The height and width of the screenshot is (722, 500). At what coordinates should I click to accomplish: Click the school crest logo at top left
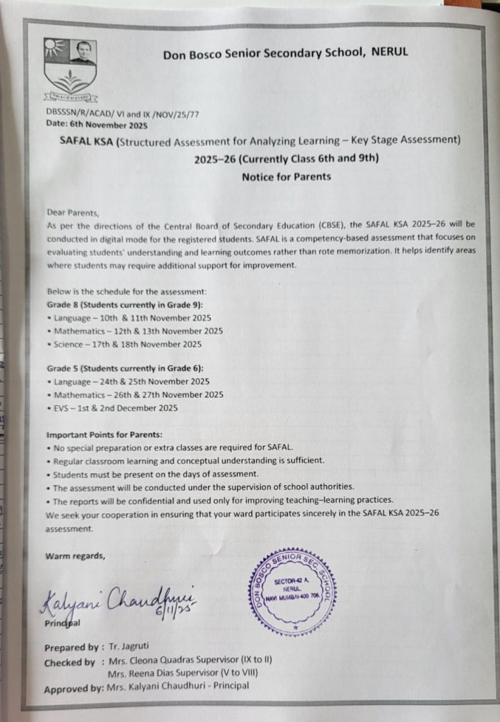pyautogui.click(x=70, y=69)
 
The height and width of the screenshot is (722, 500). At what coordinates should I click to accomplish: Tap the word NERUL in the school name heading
pyautogui.click(x=389, y=52)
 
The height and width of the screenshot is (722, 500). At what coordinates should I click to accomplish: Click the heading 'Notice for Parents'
pyautogui.click(x=286, y=176)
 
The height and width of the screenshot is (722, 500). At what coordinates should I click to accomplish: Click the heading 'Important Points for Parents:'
pyautogui.click(x=104, y=434)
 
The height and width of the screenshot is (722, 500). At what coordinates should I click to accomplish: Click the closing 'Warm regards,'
pyautogui.click(x=75, y=556)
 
